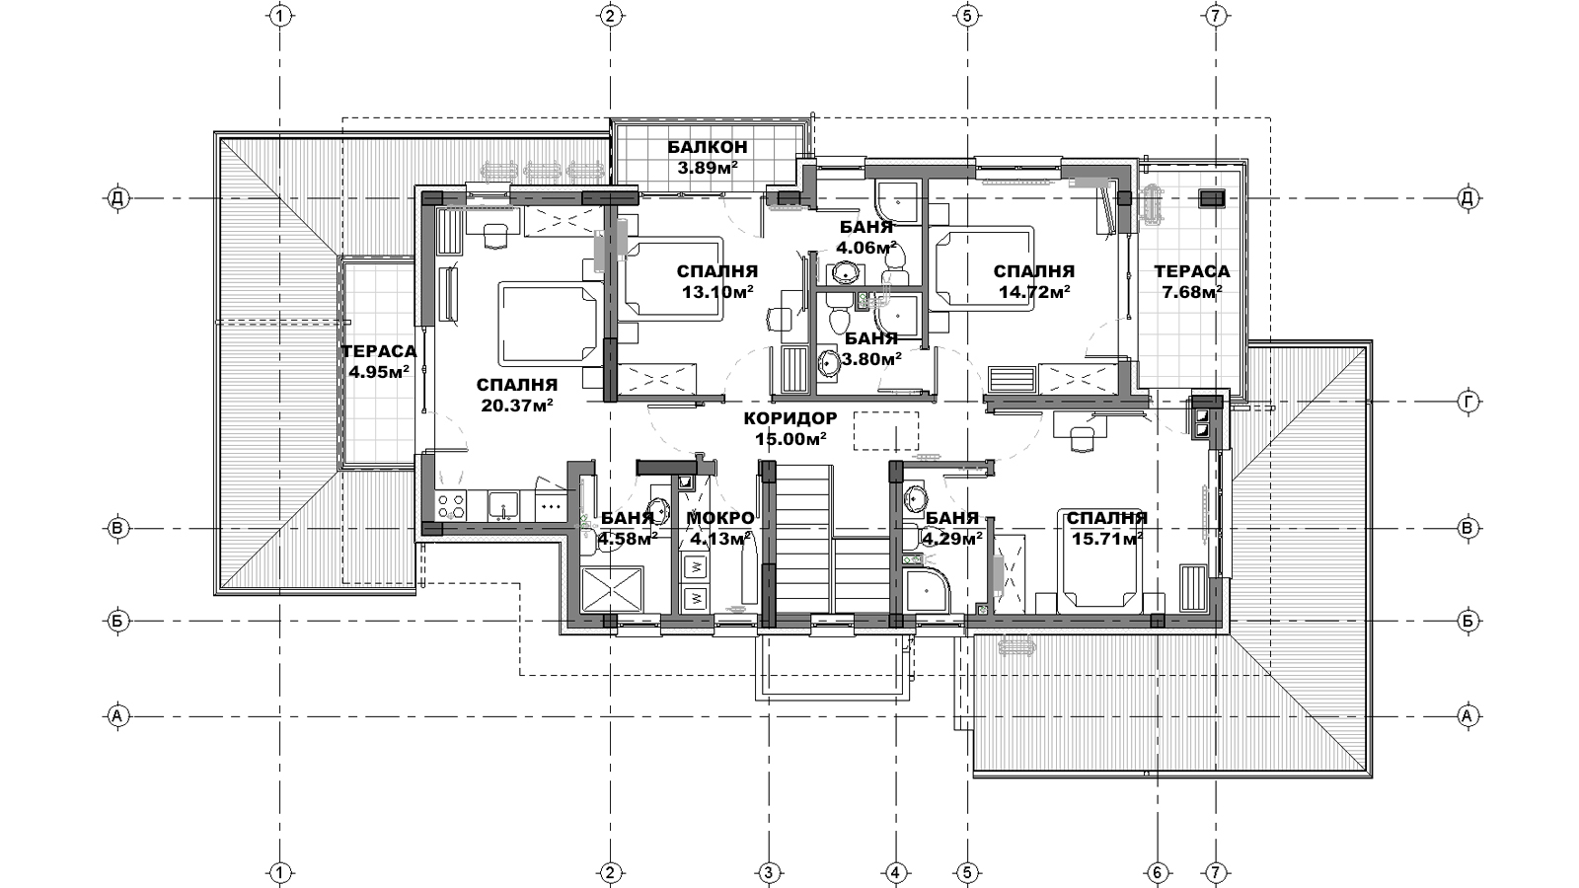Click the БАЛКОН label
point(707,147)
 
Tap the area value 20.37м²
point(517,406)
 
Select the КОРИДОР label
point(790,418)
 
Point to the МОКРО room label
point(720,518)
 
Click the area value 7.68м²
point(1192,292)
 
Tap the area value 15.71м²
point(1107,539)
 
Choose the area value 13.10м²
point(717,292)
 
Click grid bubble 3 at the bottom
point(769,873)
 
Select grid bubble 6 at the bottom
point(1157,873)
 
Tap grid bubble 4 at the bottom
point(895,873)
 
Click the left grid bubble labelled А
point(117,716)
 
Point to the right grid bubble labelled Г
point(1468,402)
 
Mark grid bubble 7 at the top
point(1216,16)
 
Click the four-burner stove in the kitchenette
point(452,504)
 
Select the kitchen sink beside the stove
point(503,505)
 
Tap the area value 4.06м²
point(867,248)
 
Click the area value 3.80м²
point(872,359)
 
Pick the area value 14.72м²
point(1035,292)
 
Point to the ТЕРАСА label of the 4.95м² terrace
point(379,351)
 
